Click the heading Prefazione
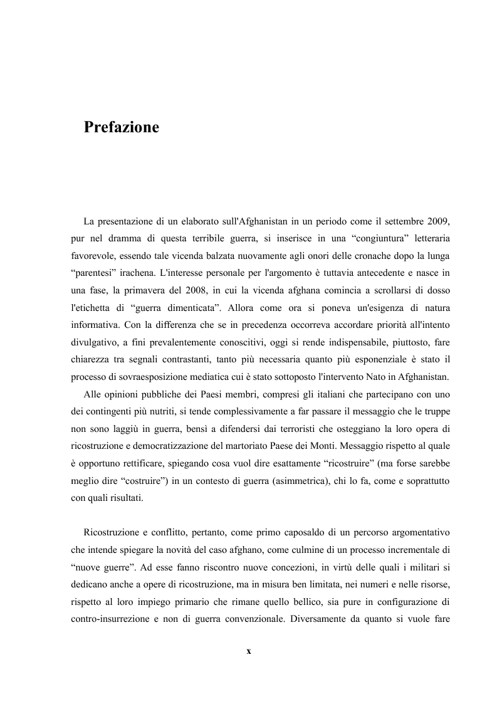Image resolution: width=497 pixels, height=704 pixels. (122, 127)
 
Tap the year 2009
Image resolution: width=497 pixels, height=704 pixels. (437, 223)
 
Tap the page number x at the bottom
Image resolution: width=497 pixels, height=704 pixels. (249, 651)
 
